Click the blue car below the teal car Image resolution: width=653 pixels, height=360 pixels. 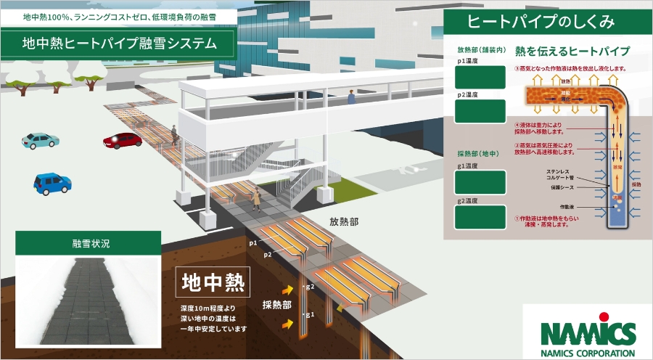click(52, 182)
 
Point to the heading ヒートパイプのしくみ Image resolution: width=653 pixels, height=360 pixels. click(541, 22)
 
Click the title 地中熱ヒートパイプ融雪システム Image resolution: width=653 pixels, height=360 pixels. click(119, 44)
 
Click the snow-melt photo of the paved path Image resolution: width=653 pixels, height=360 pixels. click(88, 298)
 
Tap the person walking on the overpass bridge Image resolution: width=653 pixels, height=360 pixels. click(351, 97)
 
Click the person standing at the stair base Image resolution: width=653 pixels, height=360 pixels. click(256, 198)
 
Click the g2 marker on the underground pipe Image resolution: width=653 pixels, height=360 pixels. click(310, 287)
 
